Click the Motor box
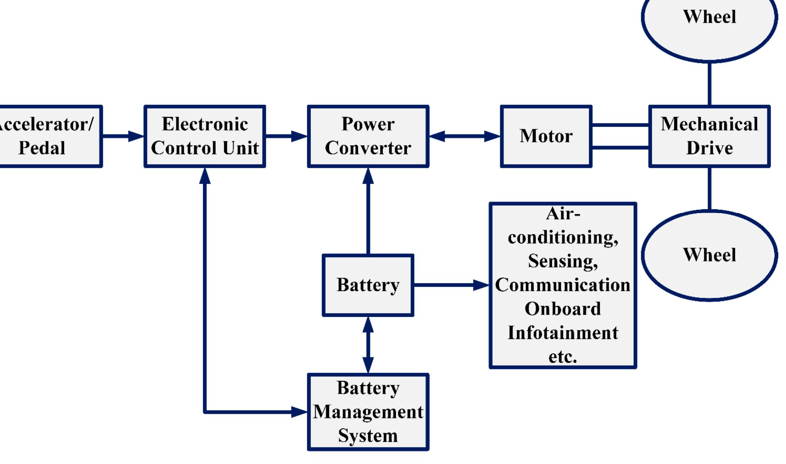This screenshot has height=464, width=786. point(546,136)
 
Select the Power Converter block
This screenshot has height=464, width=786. point(368,136)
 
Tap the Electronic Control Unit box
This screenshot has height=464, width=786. point(205,136)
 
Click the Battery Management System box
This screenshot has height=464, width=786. point(368,412)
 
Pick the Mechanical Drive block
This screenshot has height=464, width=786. point(709,136)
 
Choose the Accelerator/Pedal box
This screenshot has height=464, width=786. point(46,136)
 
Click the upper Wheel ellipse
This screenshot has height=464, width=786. point(709,23)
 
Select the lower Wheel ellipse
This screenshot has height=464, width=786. point(709,255)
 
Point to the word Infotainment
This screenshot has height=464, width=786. point(563,333)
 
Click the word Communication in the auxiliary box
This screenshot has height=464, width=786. point(563,285)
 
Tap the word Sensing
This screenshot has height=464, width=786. point(563,261)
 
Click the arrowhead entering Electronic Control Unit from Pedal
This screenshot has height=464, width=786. point(136,136)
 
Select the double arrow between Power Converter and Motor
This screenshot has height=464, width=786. point(464,136)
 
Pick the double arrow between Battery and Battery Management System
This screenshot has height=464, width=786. point(368,345)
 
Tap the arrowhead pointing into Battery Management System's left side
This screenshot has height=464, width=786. point(299,412)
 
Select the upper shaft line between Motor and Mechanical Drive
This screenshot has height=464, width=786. point(620,125)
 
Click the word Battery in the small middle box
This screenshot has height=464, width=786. point(368,285)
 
